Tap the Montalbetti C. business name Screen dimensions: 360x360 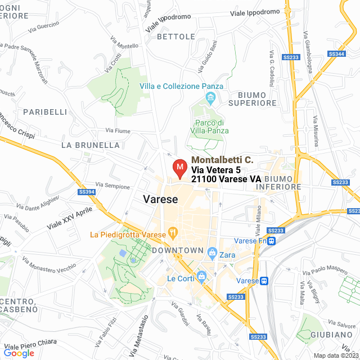point(222,160)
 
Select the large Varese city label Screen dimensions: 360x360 point(160,199)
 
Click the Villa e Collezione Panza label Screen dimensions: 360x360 point(181,86)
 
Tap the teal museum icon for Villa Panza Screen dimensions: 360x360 point(211,100)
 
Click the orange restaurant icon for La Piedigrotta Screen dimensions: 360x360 point(173,232)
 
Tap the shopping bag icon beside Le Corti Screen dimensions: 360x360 point(201,276)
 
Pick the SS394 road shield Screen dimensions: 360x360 point(86,192)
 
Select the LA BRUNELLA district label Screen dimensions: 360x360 point(90,145)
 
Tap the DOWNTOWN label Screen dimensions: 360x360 point(177,250)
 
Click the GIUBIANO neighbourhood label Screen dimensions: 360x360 point(338,335)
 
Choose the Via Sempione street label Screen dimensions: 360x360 point(112,185)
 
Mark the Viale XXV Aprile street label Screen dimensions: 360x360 point(69,216)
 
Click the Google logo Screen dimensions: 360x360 point(19,353)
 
